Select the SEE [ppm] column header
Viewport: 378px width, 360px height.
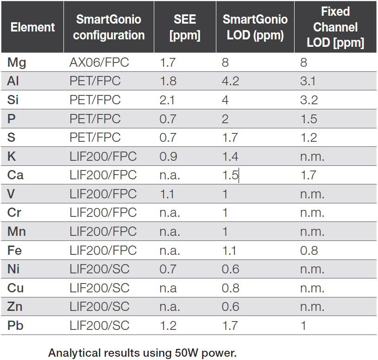(x=185, y=27)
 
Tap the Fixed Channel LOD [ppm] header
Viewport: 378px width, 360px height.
(x=335, y=27)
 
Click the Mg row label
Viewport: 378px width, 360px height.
(x=17, y=62)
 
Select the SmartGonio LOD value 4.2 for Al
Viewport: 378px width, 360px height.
(x=230, y=81)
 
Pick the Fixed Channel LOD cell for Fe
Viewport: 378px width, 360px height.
(x=309, y=251)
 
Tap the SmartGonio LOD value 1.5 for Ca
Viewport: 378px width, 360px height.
(x=230, y=175)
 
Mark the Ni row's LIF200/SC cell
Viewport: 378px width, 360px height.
(x=100, y=269)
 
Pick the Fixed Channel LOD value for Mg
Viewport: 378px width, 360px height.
(x=303, y=62)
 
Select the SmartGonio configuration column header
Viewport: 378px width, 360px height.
(x=109, y=27)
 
